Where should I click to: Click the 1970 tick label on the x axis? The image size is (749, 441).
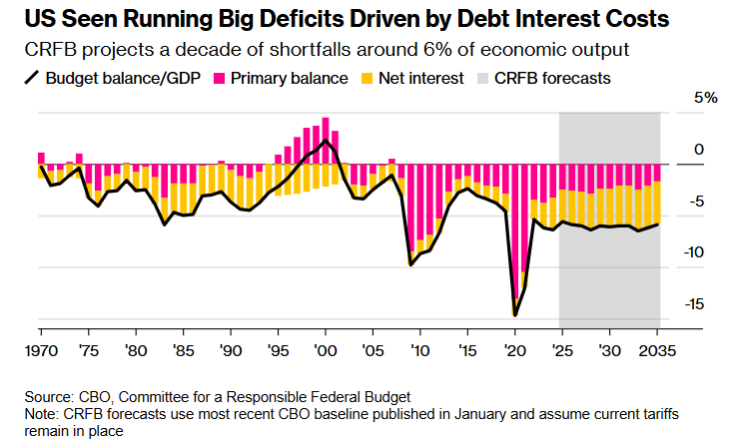(40, 351)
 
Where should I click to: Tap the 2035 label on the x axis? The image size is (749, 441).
(656, 351)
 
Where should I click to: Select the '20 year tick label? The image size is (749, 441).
(514, 351)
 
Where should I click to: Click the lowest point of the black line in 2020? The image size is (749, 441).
(515, 315)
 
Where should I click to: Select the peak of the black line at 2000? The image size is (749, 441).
(325, 140)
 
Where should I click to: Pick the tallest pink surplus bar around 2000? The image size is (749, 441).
(325, 141)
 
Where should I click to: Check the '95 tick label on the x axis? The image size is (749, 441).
(277, 351)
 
